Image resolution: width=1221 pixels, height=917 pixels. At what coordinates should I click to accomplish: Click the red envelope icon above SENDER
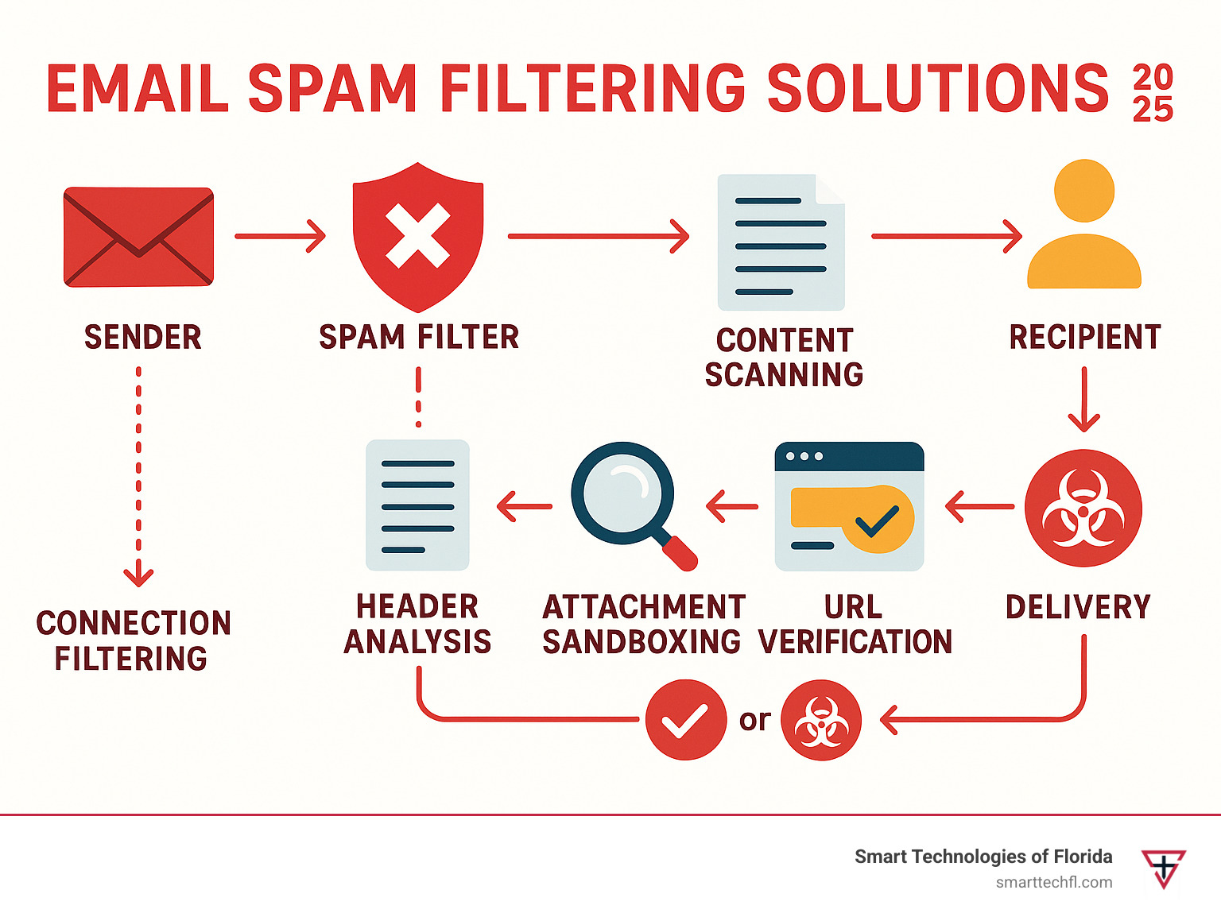pyautogui.click(x=138, y=237)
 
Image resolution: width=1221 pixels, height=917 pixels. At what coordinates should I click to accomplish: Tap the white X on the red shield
pyautogui.click(x=418, y=235)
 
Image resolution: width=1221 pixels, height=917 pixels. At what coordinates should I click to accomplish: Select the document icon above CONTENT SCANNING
pyautogui.click(x=781, y=242)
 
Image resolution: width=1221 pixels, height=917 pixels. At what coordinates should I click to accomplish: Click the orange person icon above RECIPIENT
pyautogui.click(x=1084, y=226)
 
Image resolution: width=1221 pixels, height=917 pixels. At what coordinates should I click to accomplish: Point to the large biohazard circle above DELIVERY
pyautogui.click(x=1083, y=509)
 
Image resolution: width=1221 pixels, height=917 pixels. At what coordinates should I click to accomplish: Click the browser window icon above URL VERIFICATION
pyautogui.click(x=849, y=506)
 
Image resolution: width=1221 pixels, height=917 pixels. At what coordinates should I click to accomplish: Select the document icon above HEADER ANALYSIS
pyautogui.click(x=417, y=505)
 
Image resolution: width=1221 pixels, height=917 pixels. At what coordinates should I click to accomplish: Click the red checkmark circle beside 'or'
pyautogui.click(x=685, y=720)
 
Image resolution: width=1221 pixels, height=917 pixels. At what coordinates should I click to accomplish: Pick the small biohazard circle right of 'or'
pyautogui.click(x=821, y=720)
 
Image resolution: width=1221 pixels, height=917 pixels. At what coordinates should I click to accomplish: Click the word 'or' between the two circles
pyautogui.click(x=754, y=720)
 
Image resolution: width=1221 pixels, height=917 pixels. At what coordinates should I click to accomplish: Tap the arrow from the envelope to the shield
pyautogui.click(x=281, y=236)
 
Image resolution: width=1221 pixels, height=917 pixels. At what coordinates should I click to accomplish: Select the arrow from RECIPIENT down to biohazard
pyautogui.click(x=1083, y=399)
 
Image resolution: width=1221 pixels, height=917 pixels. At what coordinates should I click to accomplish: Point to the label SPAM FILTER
pyautogui.click(x=419, y=337)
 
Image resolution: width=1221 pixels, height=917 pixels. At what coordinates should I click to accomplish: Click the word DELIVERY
pyautogui.click(x=1078, y=607)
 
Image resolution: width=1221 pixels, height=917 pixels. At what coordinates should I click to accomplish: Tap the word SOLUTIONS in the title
pyautogui.click(x=937, y=88)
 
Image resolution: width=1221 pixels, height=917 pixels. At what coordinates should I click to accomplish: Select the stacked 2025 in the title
pyautogui.click(x=1153, y=93)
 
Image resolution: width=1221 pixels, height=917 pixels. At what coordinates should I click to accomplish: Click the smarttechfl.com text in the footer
pyautogui.click(x=1054, y=882)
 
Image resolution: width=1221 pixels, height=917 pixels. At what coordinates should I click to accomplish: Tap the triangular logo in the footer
pyautogui.click(x=1164, y=868)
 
